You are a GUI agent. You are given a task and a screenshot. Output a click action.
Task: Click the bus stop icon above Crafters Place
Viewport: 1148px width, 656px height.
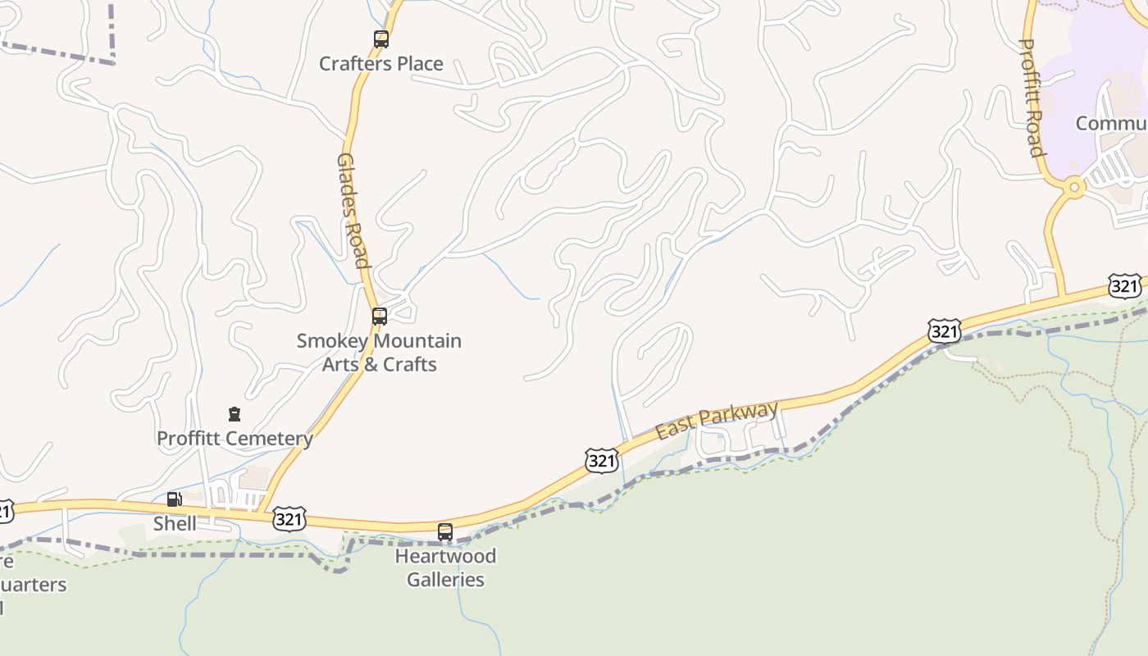coord(380,39)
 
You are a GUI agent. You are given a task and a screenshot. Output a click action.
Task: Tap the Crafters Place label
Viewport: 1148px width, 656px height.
coord(380,64)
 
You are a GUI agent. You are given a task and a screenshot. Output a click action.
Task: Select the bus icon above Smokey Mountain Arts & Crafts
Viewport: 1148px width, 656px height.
coord(379,316)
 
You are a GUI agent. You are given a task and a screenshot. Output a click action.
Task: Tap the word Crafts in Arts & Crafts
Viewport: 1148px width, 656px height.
coord(409,364)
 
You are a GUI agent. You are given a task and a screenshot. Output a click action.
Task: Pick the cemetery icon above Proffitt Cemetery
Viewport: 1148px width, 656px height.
coord(235,413)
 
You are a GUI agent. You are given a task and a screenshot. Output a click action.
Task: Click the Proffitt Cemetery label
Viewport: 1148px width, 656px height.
coord(235,439)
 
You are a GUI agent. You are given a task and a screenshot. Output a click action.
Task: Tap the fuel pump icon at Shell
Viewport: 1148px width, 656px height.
coord(174,499)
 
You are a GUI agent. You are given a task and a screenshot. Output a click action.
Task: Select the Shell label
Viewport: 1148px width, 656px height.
coord(175,523)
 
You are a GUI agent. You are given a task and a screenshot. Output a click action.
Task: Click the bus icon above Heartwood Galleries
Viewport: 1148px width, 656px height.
coord(445,531)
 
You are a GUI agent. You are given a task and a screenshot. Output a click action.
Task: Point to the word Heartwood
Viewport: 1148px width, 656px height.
coord(445,556)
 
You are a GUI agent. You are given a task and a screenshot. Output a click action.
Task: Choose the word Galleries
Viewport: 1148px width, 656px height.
coord(445,580)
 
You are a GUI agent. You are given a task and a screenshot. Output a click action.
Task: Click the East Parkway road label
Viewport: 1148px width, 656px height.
coord(717,421)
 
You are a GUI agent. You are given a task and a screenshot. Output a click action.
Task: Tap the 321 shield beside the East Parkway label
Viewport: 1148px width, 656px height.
coord(601,461)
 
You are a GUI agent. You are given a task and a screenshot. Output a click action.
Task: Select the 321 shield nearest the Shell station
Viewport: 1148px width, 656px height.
coord(289,519)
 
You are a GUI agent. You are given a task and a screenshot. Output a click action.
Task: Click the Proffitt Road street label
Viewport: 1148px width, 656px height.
coord(1031,98)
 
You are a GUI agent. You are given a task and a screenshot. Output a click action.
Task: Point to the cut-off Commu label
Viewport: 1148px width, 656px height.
coord(1111,123)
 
